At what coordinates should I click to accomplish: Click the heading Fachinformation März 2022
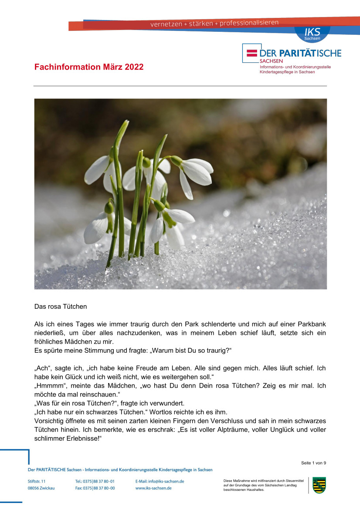click(x=89, y=67)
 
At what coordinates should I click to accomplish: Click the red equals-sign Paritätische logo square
click(x=252, y=53)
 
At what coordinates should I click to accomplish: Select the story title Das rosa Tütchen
click(x=61, y=307)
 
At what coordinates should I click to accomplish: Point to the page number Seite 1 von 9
click(x=313, y=463)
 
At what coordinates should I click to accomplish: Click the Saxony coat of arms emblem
click(x=319, y=485)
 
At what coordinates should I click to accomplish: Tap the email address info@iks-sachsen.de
click(x=160, y=481)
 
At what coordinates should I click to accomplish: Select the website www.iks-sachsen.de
click(x=153, y=488)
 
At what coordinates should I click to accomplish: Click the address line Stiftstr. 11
click(x=37, y=481)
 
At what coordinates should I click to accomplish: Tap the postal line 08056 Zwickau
click(x=41, y=488)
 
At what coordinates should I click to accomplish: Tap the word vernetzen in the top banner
click(x=166, y=24)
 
